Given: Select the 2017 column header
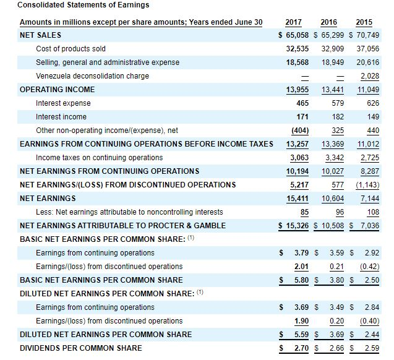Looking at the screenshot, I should coord(293,22).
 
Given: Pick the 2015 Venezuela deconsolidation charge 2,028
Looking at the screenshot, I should coord(369,76).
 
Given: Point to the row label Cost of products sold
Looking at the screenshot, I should coord(71,48).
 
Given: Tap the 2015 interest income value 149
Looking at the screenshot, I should coord(372,117).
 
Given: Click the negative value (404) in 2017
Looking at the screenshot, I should coord(300,131).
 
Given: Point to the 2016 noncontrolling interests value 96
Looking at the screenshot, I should coord(338,212).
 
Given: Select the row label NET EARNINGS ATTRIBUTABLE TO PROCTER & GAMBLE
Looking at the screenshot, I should coord(122,225).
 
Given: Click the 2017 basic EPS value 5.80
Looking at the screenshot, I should coord(302,280).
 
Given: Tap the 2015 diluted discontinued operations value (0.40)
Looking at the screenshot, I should coord(369,320).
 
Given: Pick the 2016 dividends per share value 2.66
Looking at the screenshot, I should coord(335,348).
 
